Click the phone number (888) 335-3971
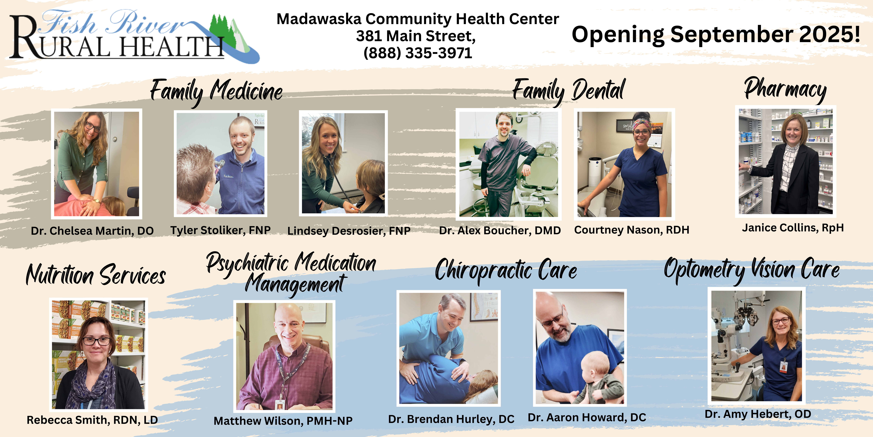418,53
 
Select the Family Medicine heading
216,91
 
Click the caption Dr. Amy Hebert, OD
758,414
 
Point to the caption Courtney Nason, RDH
632,230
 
